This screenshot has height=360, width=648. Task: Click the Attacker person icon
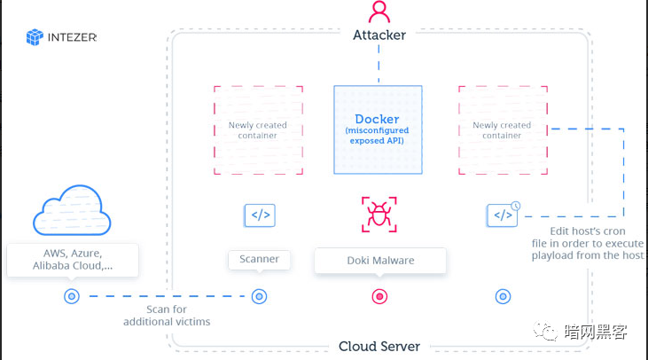tap(379, 12)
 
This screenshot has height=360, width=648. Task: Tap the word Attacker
tap(379, 35)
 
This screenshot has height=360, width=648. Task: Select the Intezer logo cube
tap(35, 37)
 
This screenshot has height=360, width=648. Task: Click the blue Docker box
tap(379, 129)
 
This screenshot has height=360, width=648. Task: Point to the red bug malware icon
tap(379, 215)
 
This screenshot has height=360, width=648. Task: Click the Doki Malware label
tap(379, 261)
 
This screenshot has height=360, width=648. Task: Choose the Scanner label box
tap(259, 260)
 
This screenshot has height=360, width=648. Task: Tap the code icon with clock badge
tap(503, 215)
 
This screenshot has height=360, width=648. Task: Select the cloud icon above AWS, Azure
tap(71, 212)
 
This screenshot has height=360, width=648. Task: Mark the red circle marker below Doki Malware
tap(379, 297)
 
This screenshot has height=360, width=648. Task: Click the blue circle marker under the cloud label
tap(72, 297)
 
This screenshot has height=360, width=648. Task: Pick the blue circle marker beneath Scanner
tap(259, 297)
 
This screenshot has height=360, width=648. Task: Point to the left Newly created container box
tap(258, 129)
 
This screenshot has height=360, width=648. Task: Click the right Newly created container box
tap(502, 129)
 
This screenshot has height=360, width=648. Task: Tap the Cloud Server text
tap(379, 347)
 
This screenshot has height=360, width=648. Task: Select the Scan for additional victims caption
tap(167, 316)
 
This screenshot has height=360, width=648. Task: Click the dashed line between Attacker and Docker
tap(379, 62)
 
